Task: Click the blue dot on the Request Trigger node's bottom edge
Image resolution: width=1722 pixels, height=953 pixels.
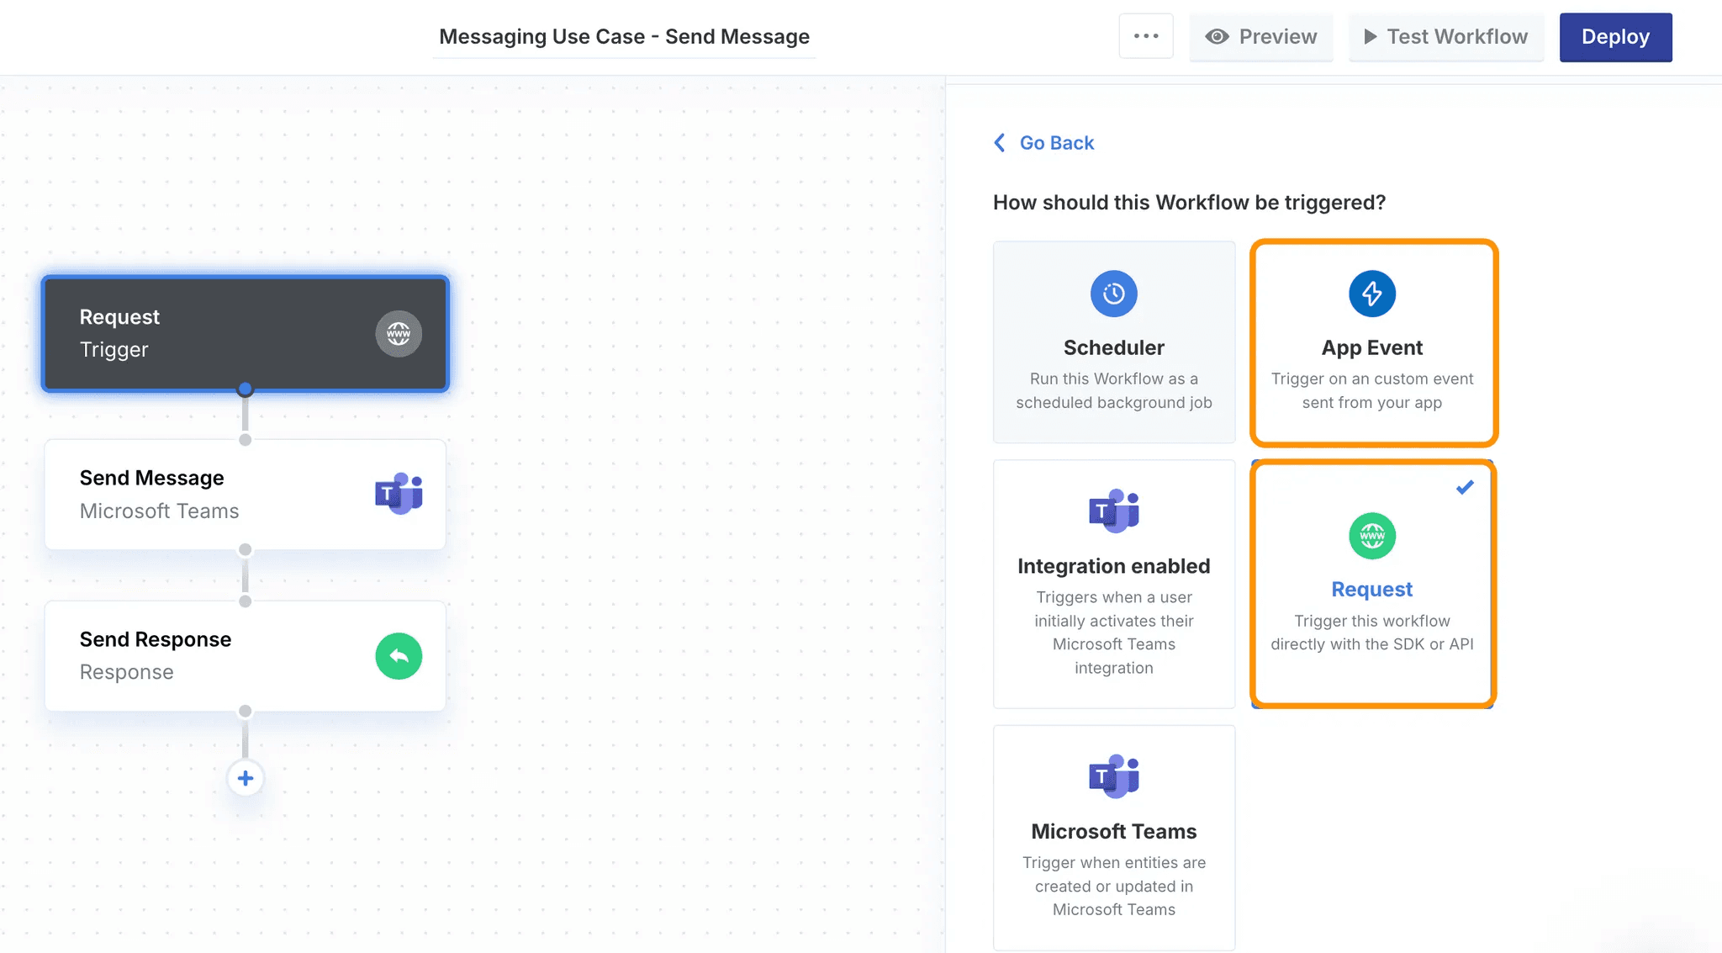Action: tap(245, 389)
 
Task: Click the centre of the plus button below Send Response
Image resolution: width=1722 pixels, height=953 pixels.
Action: tap(246, 778)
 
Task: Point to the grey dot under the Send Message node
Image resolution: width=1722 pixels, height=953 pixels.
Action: tap(245, 549)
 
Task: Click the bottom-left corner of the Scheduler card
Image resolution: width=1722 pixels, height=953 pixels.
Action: tap(994, 442)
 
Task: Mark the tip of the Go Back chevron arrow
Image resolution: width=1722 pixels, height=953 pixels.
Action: tap(995, 143)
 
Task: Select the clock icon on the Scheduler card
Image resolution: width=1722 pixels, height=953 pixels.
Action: tap(1114, 294)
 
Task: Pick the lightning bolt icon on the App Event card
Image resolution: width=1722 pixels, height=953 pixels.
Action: tap(1372, 294)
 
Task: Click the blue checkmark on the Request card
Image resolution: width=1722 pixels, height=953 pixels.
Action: tap(1465, 487)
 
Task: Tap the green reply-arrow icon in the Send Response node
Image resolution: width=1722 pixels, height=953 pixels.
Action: tap(399, 656)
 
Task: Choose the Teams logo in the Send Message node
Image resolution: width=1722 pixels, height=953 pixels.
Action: tap(399, 494)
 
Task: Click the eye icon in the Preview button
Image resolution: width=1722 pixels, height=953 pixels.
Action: tap(1217, 37)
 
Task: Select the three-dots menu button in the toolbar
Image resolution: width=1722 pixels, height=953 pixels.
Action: tap(1146, 36)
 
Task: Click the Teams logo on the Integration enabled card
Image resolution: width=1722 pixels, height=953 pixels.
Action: tap(1114, 511)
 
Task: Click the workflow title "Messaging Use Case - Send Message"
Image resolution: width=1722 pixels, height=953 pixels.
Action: tap(624, 37)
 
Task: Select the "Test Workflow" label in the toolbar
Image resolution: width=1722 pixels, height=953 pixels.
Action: tap(1457, 37)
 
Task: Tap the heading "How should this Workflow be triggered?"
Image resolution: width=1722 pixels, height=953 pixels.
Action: tap(1189, 203)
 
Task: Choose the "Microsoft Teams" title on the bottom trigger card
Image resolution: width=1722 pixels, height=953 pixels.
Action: tap(1114, 831)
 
